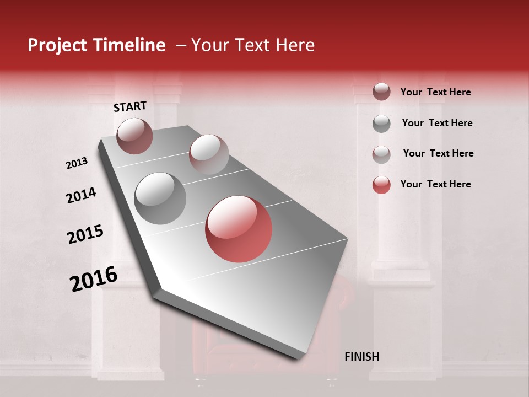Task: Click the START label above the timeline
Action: [130, 106]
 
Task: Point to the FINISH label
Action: [361, 357]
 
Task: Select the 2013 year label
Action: [77, 163]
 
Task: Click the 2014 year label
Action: [81, 195]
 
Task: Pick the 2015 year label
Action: [85, 234]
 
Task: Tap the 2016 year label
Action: [94, 278]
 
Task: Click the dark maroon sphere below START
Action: [134, 136]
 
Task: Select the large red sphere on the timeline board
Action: [239, 229]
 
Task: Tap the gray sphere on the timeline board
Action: [160, 198]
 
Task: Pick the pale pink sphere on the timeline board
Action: [209, 154]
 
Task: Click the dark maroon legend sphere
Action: [381, 92]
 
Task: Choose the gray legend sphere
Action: [381, 124]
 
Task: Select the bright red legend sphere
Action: [381, 185]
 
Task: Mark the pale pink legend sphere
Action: [381, 154]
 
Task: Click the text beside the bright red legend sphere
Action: [435, 184]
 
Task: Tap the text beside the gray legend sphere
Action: [437, 123]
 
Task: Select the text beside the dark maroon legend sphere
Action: [435, 92]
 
